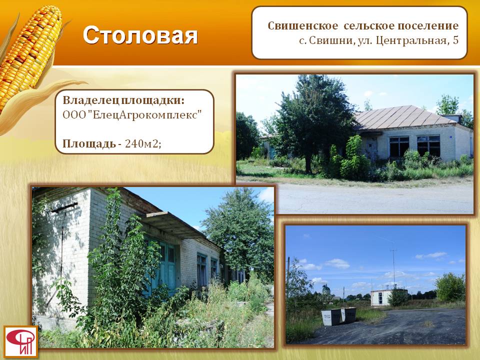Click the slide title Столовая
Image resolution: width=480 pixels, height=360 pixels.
[140, 35]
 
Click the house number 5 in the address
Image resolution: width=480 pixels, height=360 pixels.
[455, 40]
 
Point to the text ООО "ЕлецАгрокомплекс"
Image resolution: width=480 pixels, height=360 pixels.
[132, 115]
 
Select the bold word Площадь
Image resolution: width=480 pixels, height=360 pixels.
[89, 143]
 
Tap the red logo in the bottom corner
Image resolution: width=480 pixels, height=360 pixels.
[21, 341]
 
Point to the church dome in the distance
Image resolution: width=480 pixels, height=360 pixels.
[326, 288]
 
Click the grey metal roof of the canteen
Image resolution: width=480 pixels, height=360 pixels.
[404, 117]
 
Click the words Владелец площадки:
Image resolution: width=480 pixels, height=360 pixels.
[123, 100]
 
